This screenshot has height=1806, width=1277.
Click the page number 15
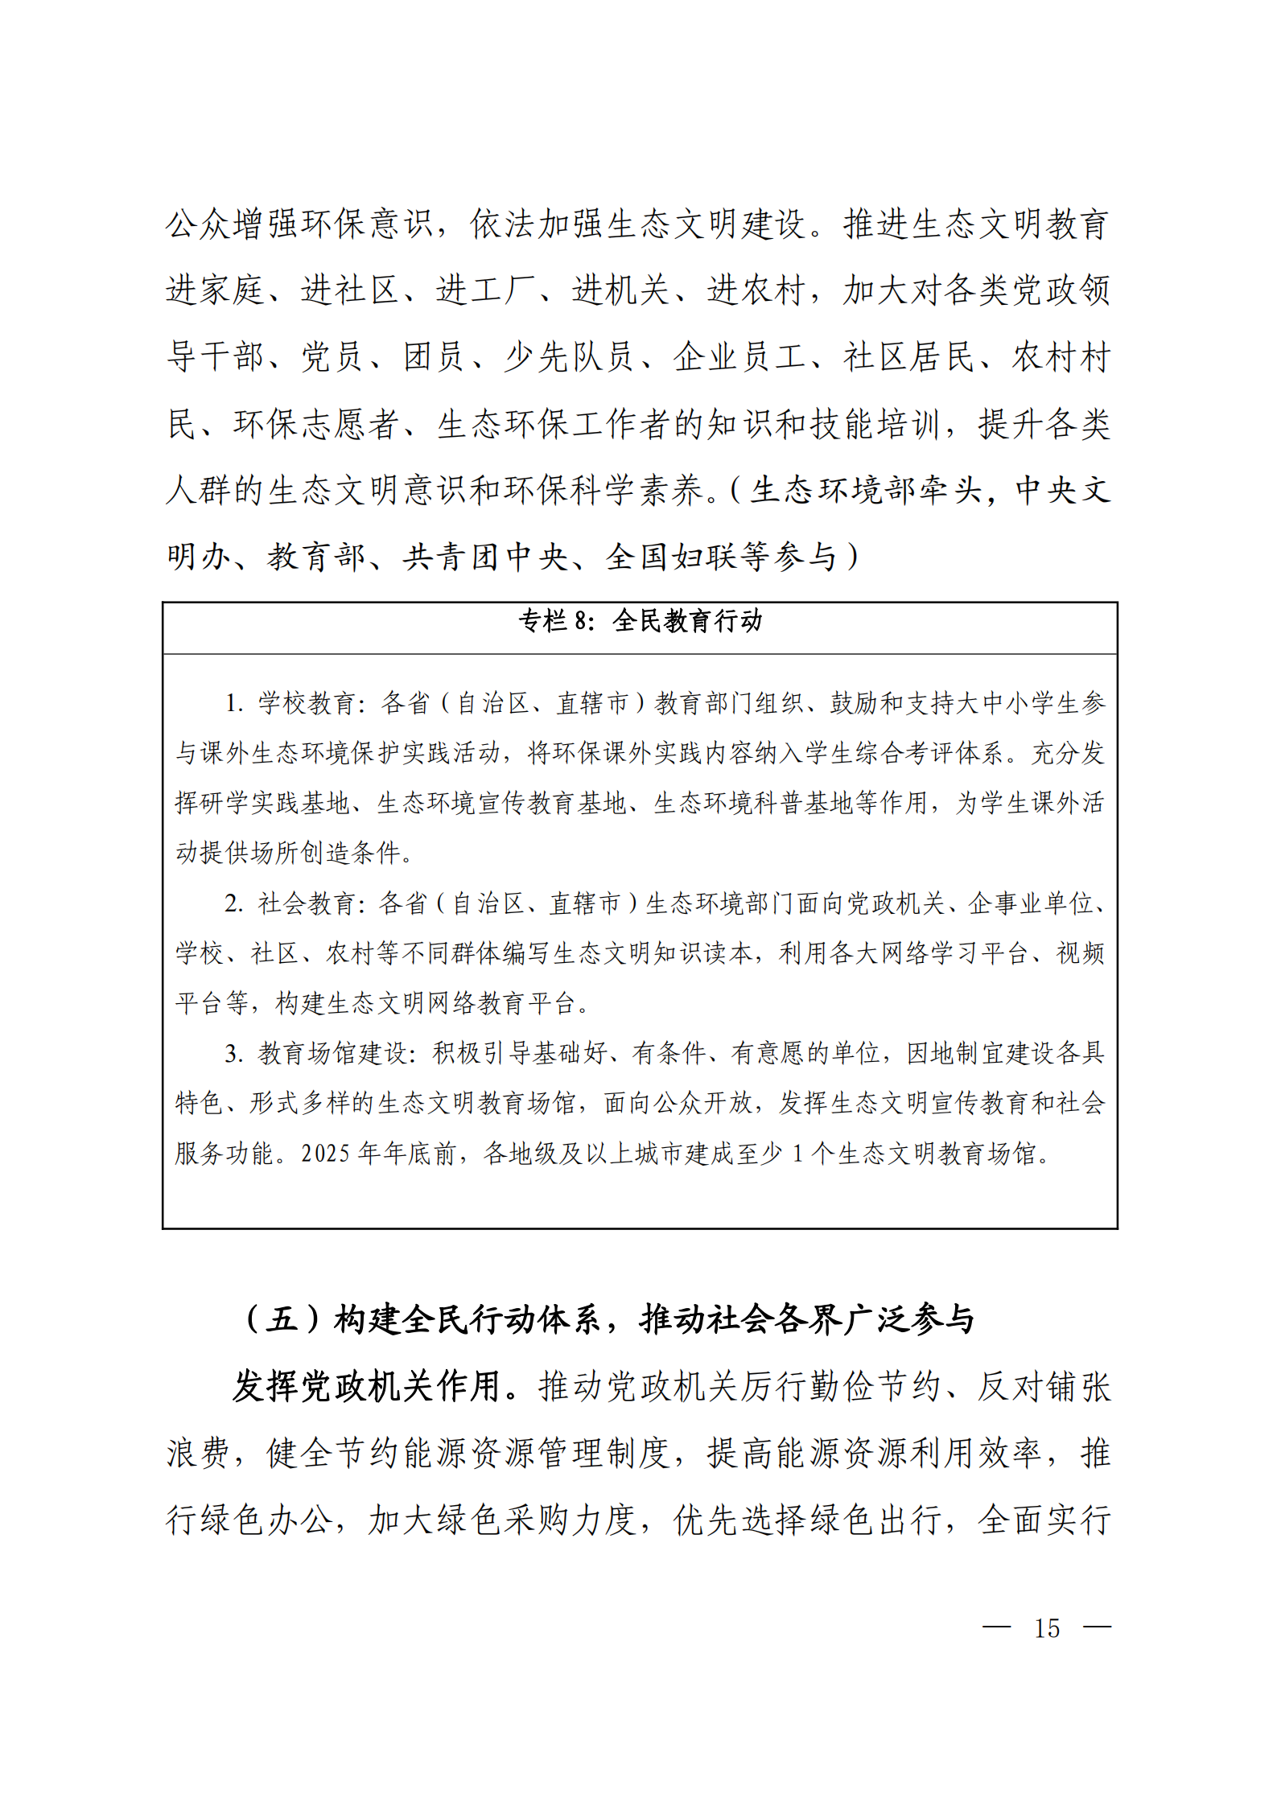point(1046,1629)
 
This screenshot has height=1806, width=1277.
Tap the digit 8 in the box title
point(581,621)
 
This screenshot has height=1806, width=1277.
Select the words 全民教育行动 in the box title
point(687,621)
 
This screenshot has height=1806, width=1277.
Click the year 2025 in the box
point(326,1154)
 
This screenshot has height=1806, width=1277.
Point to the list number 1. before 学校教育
point(233,703)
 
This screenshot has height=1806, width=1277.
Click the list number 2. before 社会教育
point(233,903)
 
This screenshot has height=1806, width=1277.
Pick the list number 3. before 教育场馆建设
point(233,1054)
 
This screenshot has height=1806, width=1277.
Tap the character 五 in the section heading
point(281,1320)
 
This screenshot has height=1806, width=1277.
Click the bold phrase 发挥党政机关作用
point(367,1387)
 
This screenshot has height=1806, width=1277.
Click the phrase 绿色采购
point(503,1520)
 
